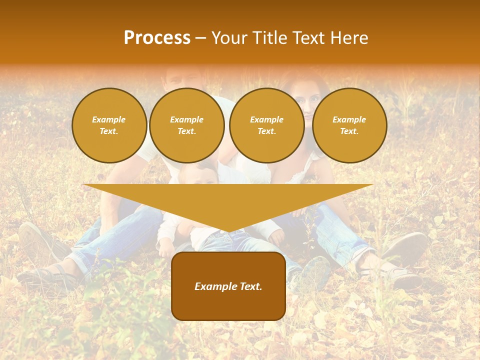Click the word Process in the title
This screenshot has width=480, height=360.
[x=157, y=38]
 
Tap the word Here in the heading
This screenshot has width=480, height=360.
[x=349, y=38]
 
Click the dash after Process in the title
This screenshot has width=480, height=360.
[x=200, y=38]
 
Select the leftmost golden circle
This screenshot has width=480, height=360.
[x=109, y=125]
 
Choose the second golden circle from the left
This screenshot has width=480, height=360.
[x=186, y=125]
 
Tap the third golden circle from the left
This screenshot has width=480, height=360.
[x=266, y=125]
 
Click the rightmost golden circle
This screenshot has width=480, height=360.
[x=349, y=125]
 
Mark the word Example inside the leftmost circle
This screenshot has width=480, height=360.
[x=108, y=119]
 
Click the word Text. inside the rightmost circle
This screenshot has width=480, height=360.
[x=349, y=131]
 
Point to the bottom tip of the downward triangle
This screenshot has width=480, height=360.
[x=228, y=231]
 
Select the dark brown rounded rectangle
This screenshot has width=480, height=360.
[x=228, y=286]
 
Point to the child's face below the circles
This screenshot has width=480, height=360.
[x=200, y=175]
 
